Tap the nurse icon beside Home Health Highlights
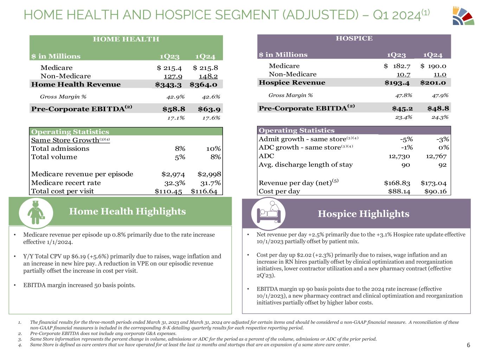pyautogui.click(x=36, y=212)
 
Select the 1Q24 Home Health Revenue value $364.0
pyautogui.click(x=204, y=84)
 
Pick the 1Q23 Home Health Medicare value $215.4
pyautogui.click(x=169, y=68)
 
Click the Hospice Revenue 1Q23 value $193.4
pyautogui.click(x=397, y=83)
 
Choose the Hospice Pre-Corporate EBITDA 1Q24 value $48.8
pyautogui.click(x=438, y=108)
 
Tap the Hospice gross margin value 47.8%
pyautogui.click(x=404, y=95)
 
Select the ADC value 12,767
pyautogui.click(x=436, y=156)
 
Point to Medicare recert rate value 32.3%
pyautogui.click(x=175, y=183)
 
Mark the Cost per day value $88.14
pyautogui.click(x=399, y=191)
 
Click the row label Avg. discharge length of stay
pyautogui.click(x=306, y=165)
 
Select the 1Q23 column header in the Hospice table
pyautogui.click(x=396, y=55)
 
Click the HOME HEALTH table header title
pyautogui.click(x=126, y=39)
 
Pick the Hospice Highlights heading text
pyautogui.click(x=363, y=214)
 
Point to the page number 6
pyautogui.click(x=468, y=345)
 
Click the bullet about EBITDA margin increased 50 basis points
pyautogui.click(x=79, y=285)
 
